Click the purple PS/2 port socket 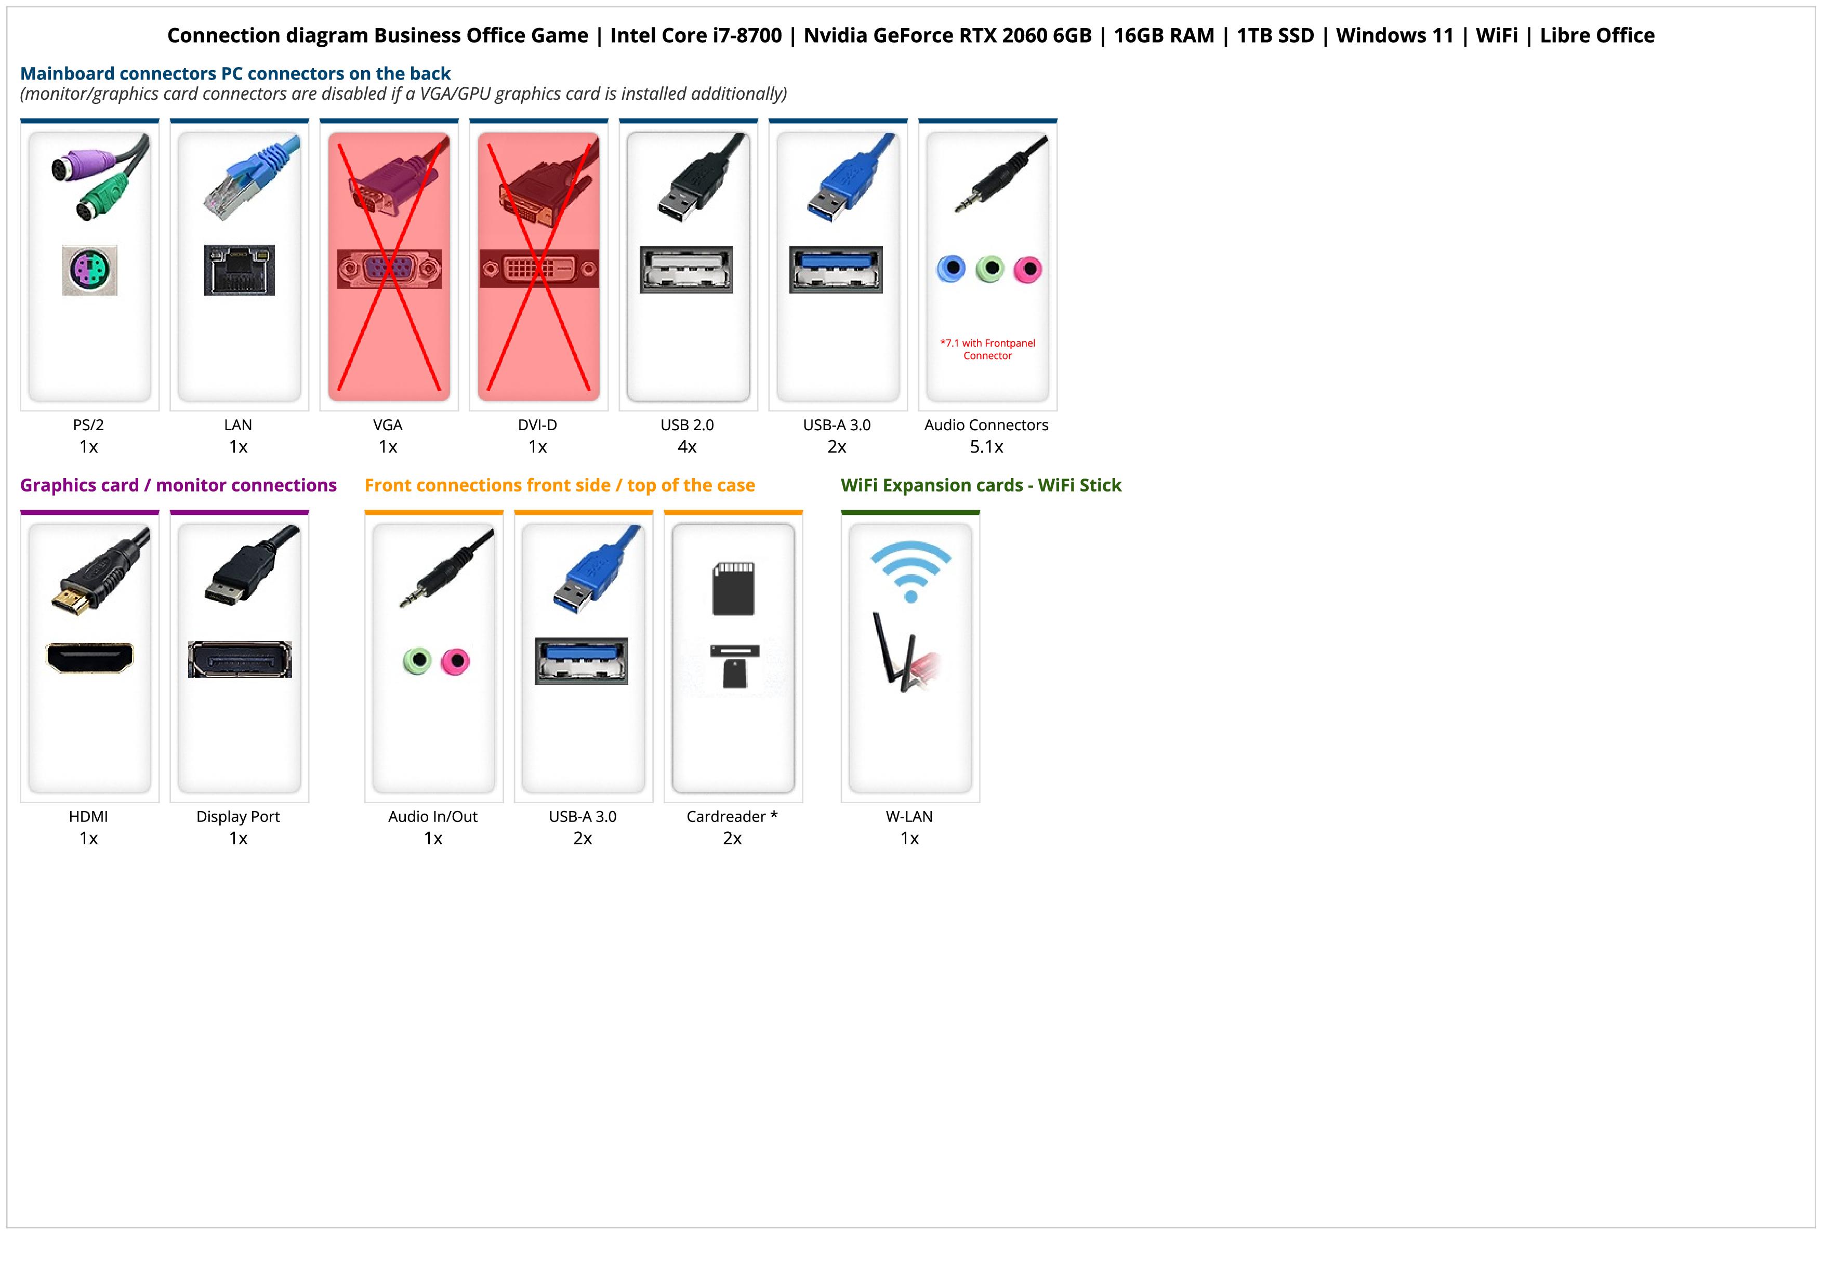coord(90,271)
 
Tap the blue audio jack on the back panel coord(951,269)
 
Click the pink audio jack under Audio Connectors coord(1027,270)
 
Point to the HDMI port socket coord(90,658)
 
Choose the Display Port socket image coord(240,659)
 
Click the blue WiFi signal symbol coord(910,570)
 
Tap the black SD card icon coord(734,589)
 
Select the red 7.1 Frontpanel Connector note coord(988,349)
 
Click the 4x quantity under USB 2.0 coord(687,447)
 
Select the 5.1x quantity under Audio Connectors coord(986,447)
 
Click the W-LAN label coord(909,817)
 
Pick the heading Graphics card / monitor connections coord(179,485)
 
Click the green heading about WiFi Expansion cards coord(981,485)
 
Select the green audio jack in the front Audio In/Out coord(417,660)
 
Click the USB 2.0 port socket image coord(687,270)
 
